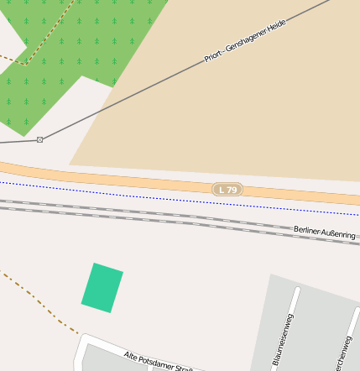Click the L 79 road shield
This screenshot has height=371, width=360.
(227, 190)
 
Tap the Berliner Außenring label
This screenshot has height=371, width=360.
(324, 232)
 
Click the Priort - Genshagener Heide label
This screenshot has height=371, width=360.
(245, 41)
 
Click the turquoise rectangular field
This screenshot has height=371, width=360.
(102, 288)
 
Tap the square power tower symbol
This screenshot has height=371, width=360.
(39, 139)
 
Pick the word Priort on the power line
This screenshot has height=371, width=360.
(213, 57)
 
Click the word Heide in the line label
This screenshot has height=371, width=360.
(276, 25)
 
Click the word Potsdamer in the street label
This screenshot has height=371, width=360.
(159, 361)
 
